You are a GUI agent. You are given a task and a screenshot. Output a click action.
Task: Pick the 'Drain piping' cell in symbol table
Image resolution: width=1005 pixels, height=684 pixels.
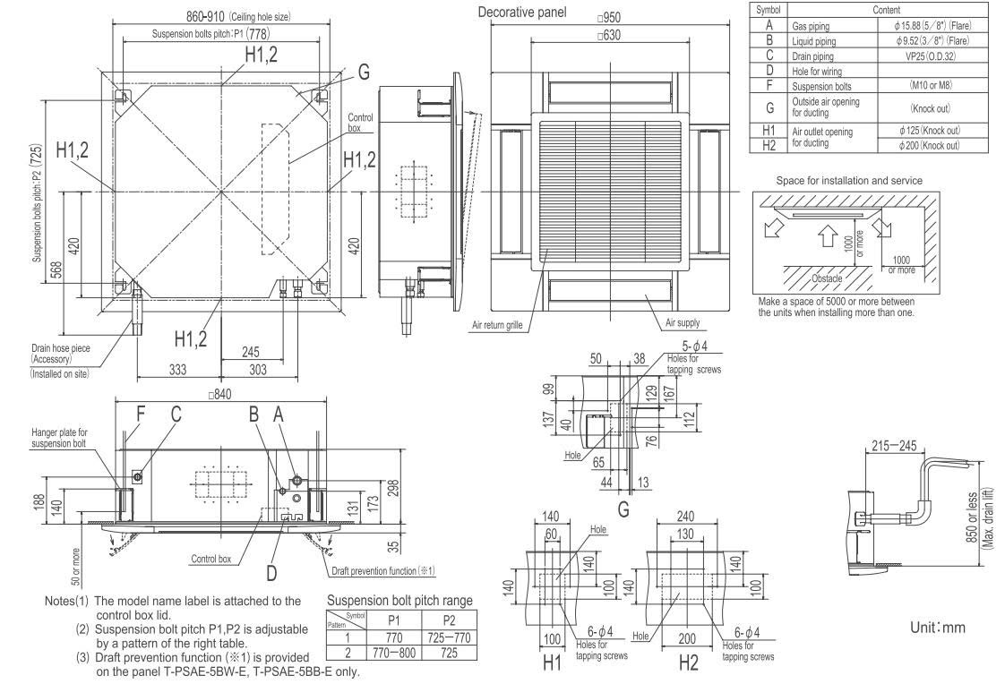coord(813,56)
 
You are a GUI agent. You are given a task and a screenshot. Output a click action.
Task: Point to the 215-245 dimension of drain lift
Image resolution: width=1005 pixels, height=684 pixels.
coord(894,445)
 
